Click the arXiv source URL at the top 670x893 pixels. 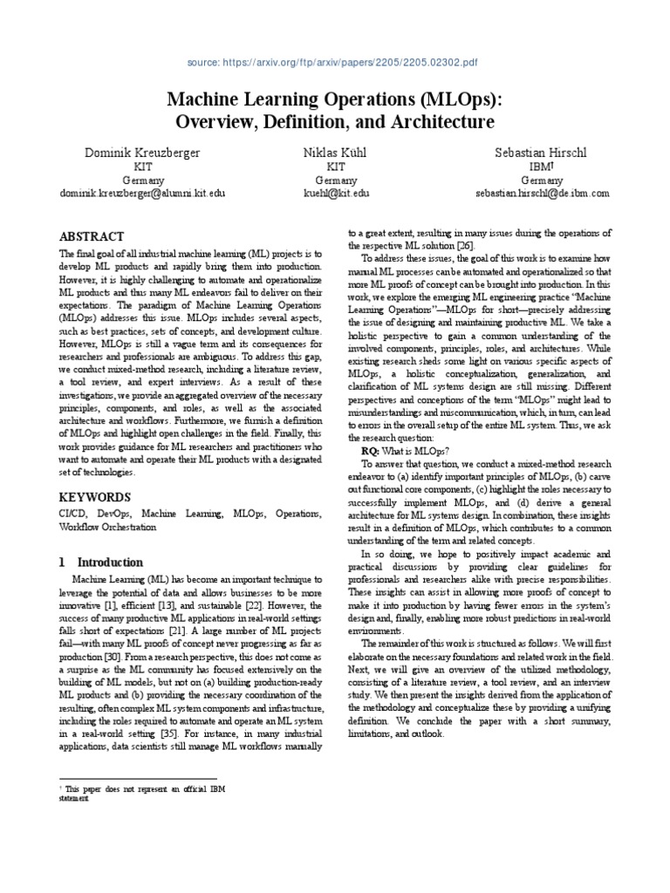[x=334, y=64]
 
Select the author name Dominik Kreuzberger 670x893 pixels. [x=141, y=153]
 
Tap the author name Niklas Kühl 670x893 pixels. [x=335, y=153]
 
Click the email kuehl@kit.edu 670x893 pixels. [x=335, y=194]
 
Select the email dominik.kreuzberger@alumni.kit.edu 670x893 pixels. [x=141, y=194]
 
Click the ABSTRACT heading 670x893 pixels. [x=91, y=236]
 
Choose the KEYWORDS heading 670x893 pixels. [x=94, y=497]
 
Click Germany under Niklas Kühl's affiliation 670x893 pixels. [x=335, y=180]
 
